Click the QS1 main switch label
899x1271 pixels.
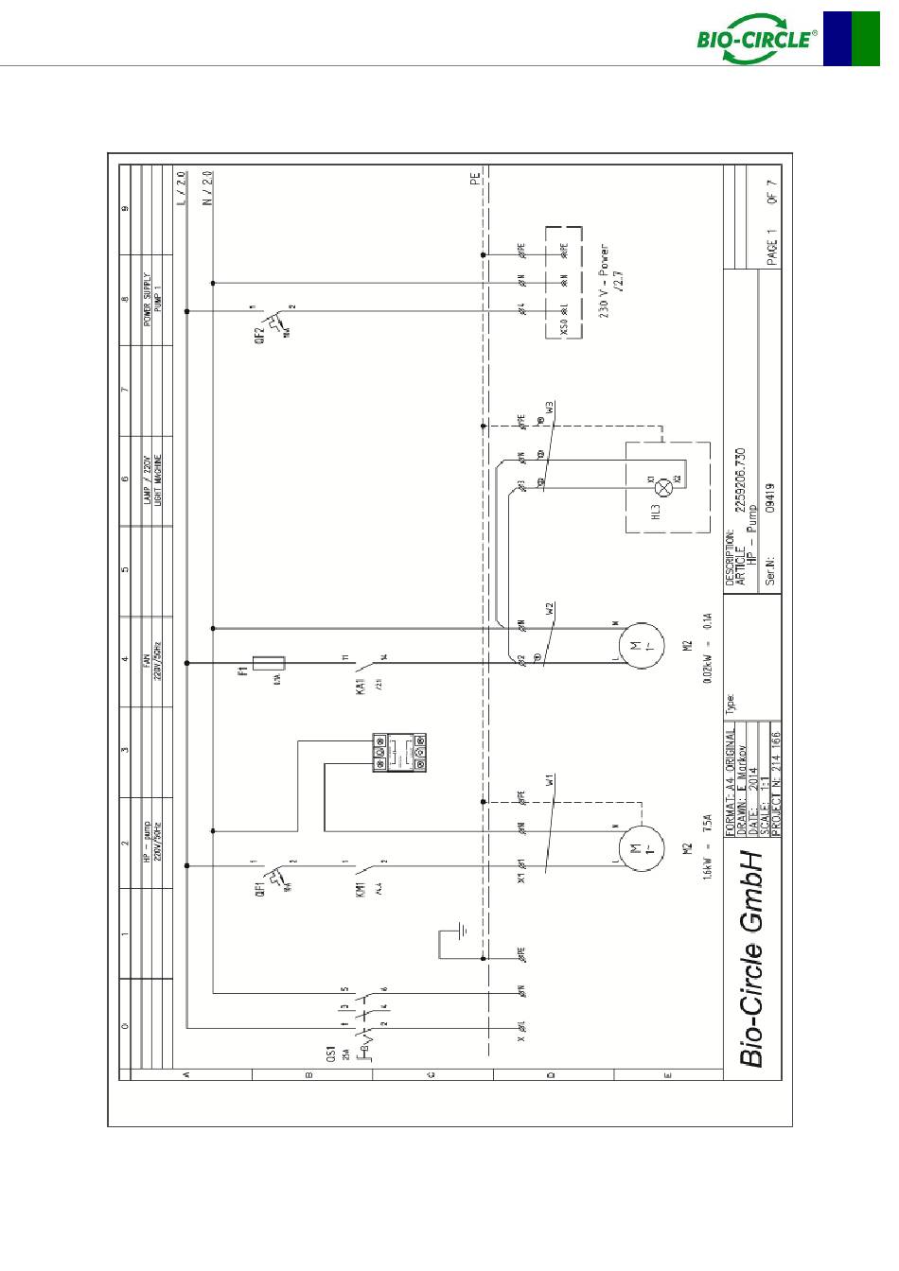331,1053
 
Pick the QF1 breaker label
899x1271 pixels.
259,890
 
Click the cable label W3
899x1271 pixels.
550,410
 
